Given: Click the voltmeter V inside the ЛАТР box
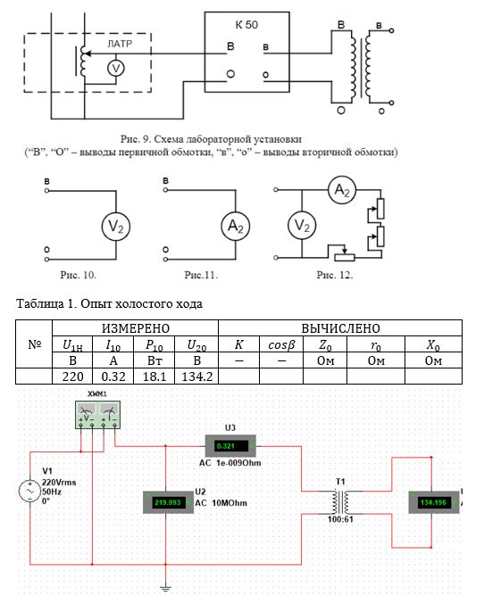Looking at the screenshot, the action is (116, 69).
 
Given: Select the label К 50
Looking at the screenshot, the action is (246, 25).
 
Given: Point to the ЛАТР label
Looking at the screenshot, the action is (120, 44).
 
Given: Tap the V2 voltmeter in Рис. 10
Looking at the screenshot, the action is (116, 226).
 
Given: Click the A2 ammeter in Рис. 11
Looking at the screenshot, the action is (236, 226).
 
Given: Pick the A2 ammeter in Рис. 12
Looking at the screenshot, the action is (342, 190).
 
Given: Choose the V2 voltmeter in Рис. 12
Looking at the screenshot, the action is (302, 226).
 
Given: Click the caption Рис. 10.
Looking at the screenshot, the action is (78, 275).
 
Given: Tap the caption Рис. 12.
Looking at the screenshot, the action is (335, 275).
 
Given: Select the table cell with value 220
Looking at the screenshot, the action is (72, 377).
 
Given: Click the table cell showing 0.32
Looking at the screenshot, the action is (113, 377).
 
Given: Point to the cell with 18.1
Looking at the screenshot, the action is (154, 377).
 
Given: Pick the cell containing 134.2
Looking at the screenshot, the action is (196, 377).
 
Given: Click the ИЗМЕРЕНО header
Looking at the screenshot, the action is (136, 328).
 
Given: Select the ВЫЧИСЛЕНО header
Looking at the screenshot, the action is (340, 328).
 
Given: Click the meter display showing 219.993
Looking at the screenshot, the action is (168, 502).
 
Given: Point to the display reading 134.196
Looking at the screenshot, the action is (433, 502).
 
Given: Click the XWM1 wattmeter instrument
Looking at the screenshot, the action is (98, 415).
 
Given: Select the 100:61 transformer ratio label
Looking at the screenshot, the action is (340, 519).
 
